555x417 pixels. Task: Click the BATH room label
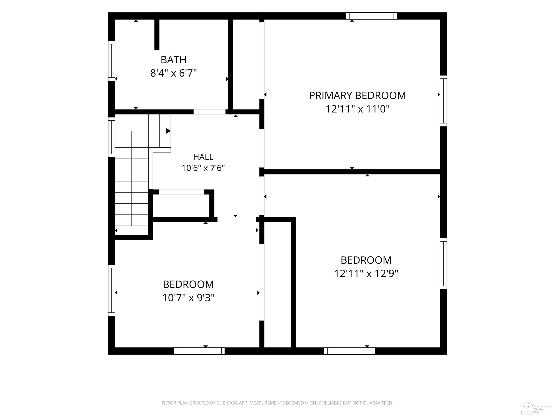[173, 60]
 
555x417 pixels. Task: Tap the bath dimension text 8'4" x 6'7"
[173, 73]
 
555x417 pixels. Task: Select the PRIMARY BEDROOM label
[357, 95]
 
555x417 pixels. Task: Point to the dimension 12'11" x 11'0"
[357, 109]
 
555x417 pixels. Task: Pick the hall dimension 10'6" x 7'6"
[203, 168]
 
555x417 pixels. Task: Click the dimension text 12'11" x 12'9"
[366, 274]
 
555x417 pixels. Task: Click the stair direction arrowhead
[168, 131]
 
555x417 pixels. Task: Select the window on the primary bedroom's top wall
[372, 16]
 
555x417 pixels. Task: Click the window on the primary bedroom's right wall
[443, 101]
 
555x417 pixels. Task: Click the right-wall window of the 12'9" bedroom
[443, 264]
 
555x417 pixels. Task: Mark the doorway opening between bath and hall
[209, 112]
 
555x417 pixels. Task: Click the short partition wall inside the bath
[157, 35]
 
